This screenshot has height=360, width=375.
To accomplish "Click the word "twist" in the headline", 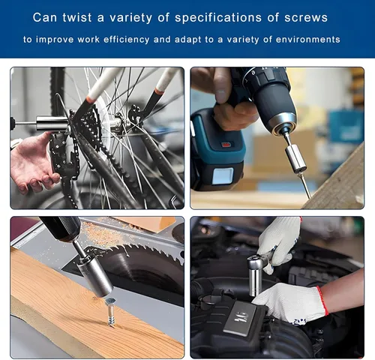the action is [x=77, y=17].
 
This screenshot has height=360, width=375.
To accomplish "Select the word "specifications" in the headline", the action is [x=218, y=18].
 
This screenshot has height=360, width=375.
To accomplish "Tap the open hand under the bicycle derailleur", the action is [x=32, y=163].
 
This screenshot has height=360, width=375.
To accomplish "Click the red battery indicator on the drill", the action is [x=227, y=145].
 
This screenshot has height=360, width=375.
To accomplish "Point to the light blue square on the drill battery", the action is [x=223, y=175].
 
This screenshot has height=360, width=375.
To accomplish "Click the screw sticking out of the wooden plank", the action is [x=111, y=312].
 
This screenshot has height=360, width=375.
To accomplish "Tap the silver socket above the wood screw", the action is [x=94, y=276].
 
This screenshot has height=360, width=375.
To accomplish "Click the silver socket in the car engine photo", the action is [x=256, y=276].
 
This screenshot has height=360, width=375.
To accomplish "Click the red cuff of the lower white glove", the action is [x=323, y=301].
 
